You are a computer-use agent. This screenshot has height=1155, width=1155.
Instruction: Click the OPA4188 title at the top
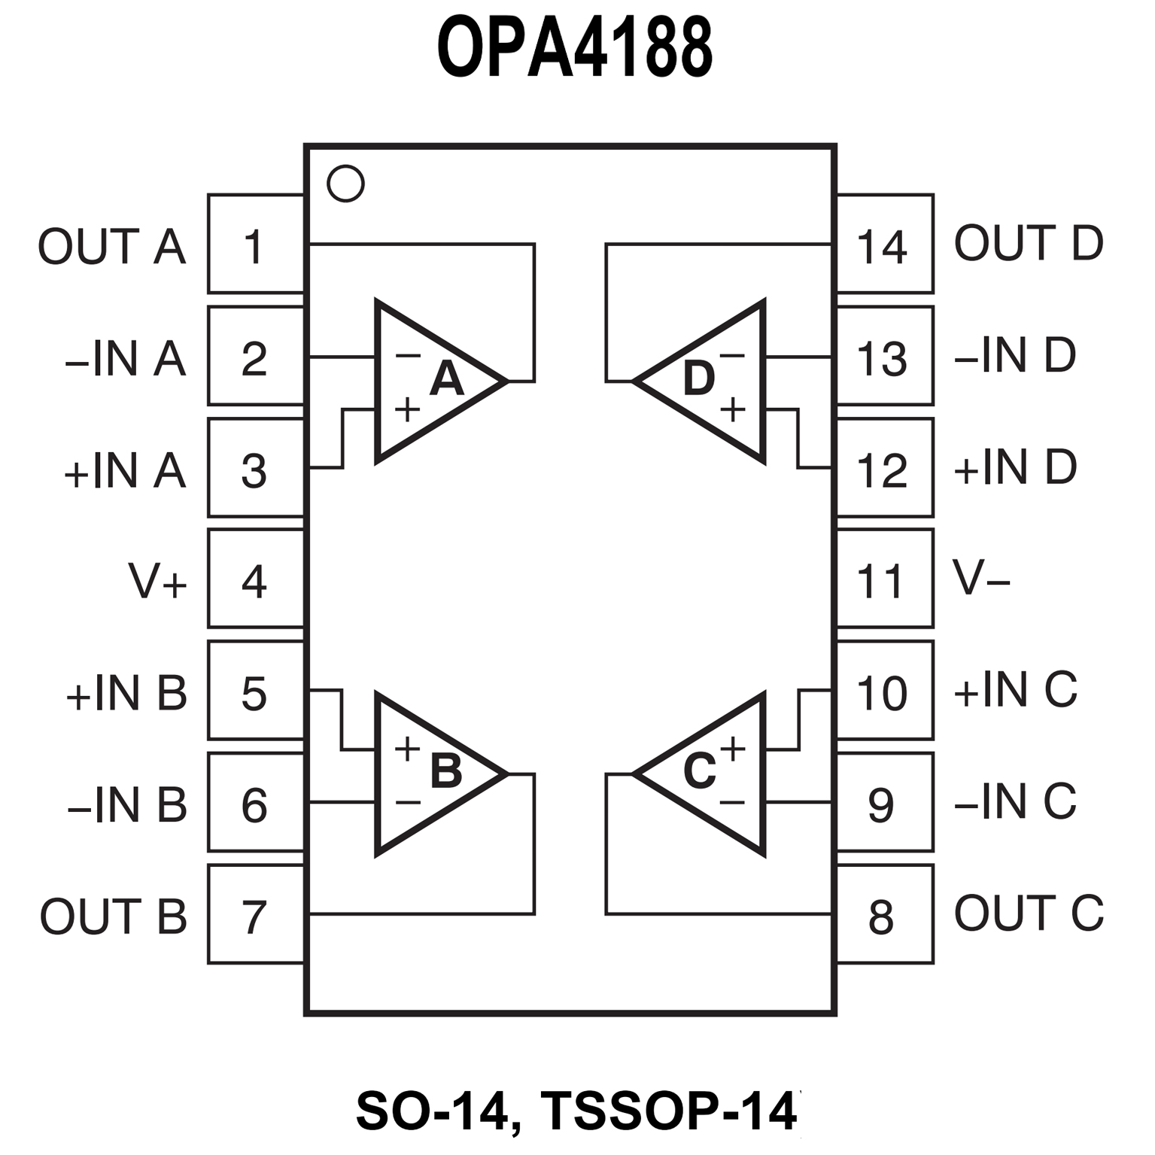pos(575,49)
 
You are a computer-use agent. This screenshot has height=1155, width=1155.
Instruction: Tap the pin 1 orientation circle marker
pos(345,184)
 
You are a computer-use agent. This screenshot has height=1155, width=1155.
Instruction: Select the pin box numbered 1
pos(255,245)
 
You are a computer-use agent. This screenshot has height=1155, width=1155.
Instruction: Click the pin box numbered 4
pos(255,579)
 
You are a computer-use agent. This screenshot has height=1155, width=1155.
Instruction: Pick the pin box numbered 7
pos(255,915)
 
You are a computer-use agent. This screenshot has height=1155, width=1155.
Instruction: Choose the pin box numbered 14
pos(884,245)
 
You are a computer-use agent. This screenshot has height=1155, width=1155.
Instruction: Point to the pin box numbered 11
pos(884,579)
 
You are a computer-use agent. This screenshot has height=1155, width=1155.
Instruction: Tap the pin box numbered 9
pos(884,804)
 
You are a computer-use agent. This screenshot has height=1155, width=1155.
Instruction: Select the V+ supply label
pos(157,582)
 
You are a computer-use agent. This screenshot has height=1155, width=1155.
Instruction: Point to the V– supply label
pos(981,578)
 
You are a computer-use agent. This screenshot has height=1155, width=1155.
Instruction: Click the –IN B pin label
pos(126,805)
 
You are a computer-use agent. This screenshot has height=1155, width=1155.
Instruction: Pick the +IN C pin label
pos(1015,689)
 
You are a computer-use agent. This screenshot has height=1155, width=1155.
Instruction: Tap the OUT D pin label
pos(1028,243)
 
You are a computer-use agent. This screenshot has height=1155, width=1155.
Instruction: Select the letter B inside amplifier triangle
pos(446,771)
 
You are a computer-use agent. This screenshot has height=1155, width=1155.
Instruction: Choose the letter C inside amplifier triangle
pos(699,771)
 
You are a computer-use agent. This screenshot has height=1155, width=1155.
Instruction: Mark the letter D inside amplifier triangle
pos(698,378)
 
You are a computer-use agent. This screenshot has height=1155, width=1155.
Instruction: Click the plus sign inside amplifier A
pos(407,410)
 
